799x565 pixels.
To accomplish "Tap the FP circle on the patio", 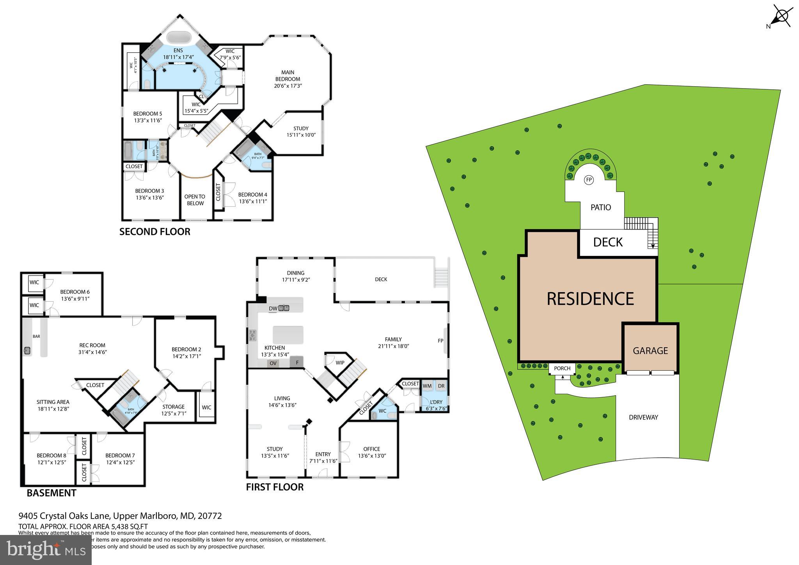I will pos(589,180).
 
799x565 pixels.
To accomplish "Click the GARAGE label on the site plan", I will pos(650,350).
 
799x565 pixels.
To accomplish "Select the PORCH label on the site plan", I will pos(562,368).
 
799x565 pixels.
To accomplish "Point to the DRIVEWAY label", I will pos(643,417).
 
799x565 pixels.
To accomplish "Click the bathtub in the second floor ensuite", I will pos(179,38).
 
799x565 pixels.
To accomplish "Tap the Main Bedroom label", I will pos(288,76).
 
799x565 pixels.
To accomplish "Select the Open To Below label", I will pos(195,200).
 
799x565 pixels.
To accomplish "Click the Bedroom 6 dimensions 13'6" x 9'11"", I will pos(75,299).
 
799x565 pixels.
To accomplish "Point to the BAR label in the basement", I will pos(36,336).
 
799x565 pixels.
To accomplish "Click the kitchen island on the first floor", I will pos(288,335).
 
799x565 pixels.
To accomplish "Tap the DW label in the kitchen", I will pos(273,309).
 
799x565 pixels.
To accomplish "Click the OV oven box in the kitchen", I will pos(273,363).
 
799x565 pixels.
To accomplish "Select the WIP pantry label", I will pos(340,362).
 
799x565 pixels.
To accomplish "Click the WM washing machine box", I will pos(427,386).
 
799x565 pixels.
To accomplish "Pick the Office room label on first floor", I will pos(371,449).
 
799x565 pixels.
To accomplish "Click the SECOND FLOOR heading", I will pos(154,232).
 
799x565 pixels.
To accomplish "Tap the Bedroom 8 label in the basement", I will pos(51,455).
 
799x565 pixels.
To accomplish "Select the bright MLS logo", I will pos(46,550).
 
